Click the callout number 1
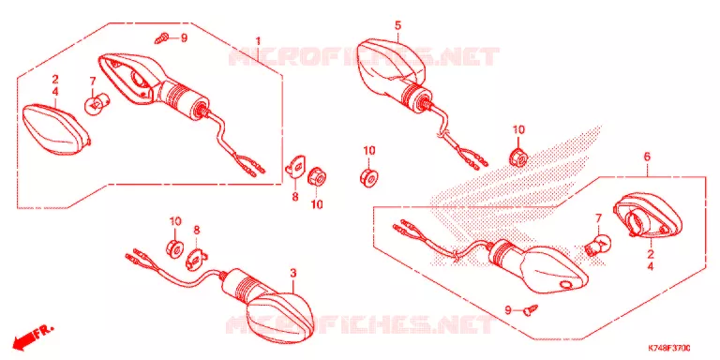pos(258,41)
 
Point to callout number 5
pos(397,25)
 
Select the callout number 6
pos(647,157)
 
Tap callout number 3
pos(293,274)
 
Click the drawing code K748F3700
pos(669,349)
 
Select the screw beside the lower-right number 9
pos(532,309)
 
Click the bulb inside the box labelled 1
pos(95,106)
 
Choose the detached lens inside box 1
pos(57,129)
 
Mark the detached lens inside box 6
pos(648,216)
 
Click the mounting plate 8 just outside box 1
pos(294,166)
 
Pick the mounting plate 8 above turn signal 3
pos(196,259)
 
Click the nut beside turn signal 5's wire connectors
pos(518,157)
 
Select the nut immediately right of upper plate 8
pos(316,177)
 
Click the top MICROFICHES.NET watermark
pos(364,56)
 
